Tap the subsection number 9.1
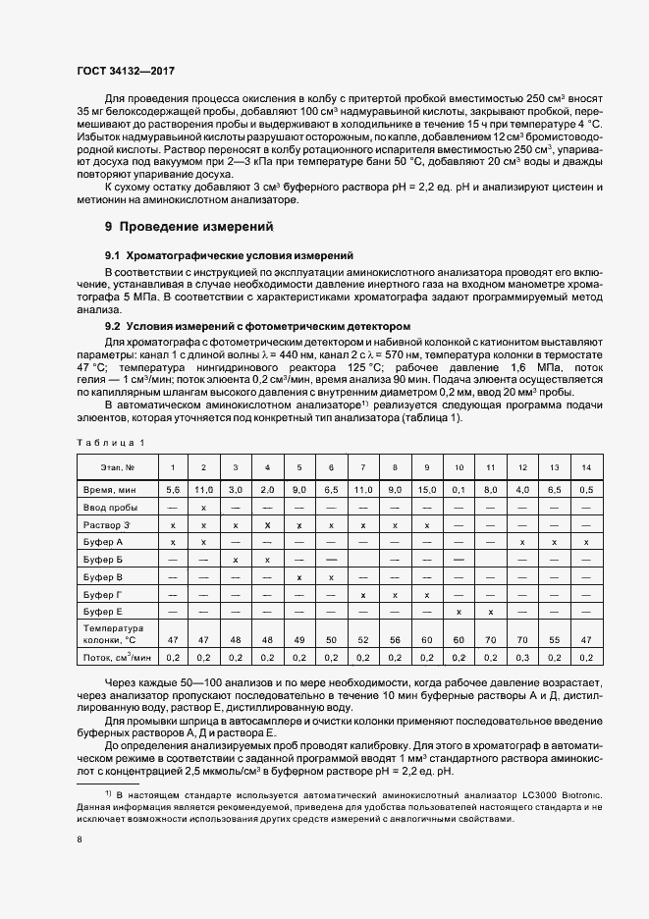(113, 255)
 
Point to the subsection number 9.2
(113, 326)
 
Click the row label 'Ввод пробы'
(108, 507)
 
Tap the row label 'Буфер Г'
(103, 595)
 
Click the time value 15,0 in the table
(426, 488)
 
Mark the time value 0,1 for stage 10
(459, 488)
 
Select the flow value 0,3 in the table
(522, 657)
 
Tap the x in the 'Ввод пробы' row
(203, 507)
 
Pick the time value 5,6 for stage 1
(173, 488)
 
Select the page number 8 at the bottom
(79, 839)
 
